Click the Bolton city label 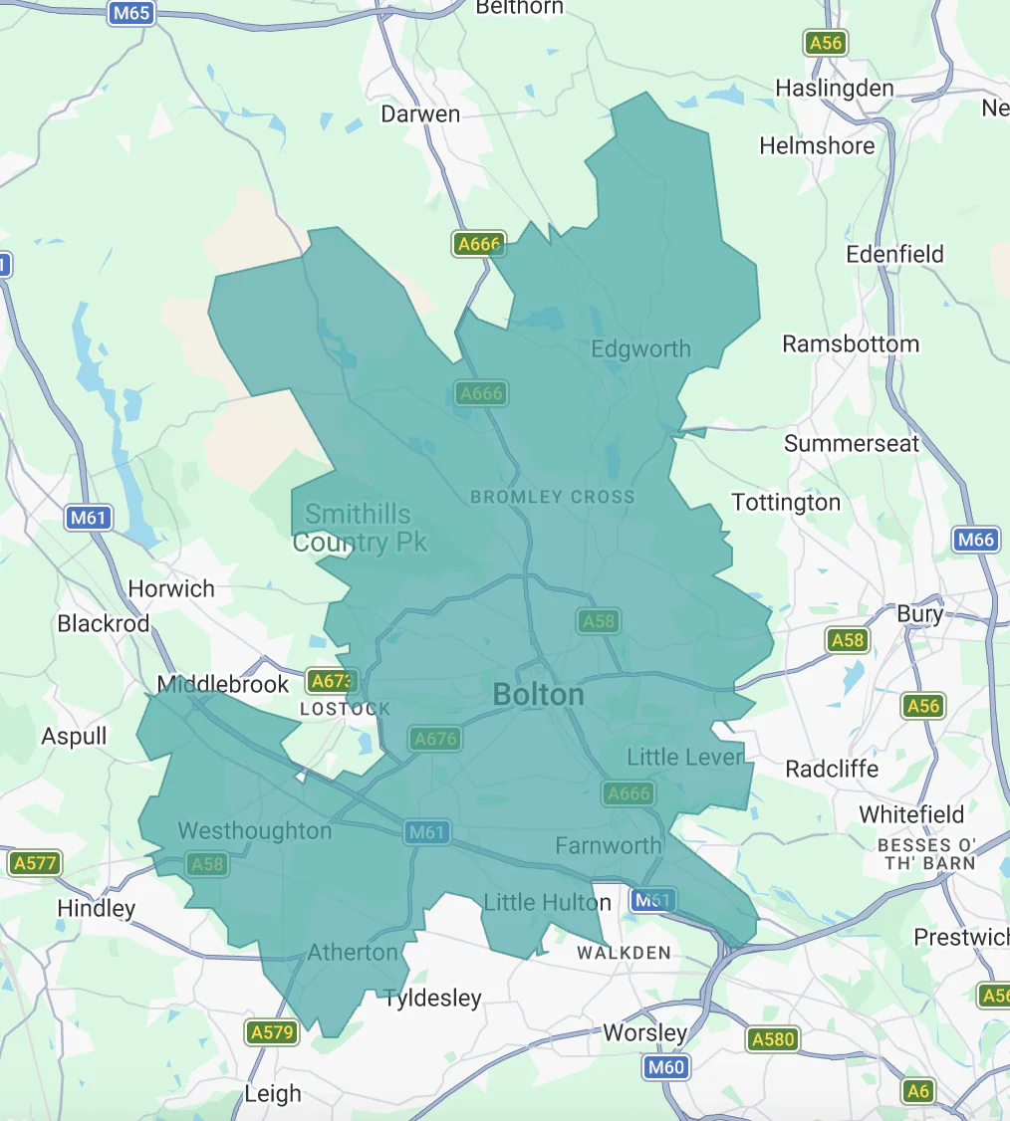pos(539,694)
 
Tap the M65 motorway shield pos(131,13)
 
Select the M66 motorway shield pos(975,540)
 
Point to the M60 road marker pos(664,1068)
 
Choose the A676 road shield pos(435,739)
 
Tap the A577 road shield pos(35,863)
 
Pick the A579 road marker pos(272,1032)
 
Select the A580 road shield pos(773,1040)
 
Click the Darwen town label pos(420,113)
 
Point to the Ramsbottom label pos(850,343)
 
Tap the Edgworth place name pos(640,348)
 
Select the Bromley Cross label pos(552,496)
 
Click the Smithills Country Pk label pos(359,528)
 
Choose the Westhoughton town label pos(254,830)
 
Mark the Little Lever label pos(685,757)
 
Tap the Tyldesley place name pos(432,998)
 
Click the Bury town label pos(919,613)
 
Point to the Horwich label pos(171,588)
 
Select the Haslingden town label pos(835,88)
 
